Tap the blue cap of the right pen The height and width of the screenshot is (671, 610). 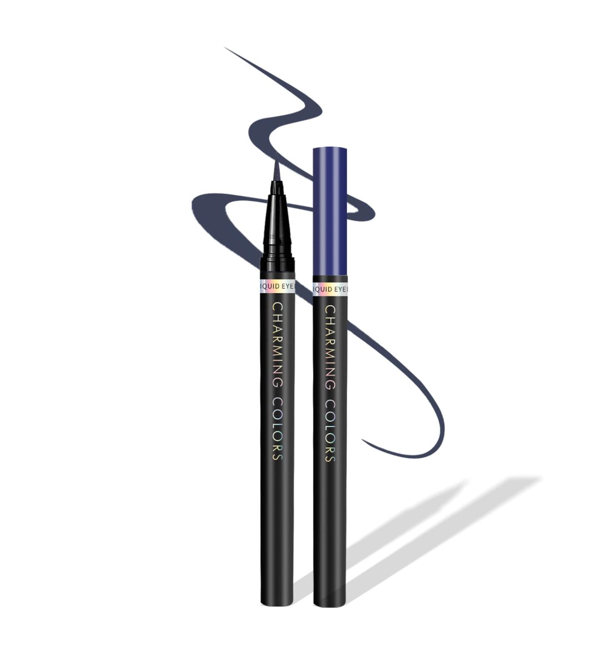coord(330,211)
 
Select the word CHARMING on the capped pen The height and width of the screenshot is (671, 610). coord(330,348)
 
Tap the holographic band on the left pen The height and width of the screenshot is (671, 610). coord(277,286)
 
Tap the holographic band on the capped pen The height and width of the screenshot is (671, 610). coord(330,289)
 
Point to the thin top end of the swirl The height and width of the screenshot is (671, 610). coord(226,48)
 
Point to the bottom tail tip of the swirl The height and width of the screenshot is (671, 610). coord(363,440)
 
